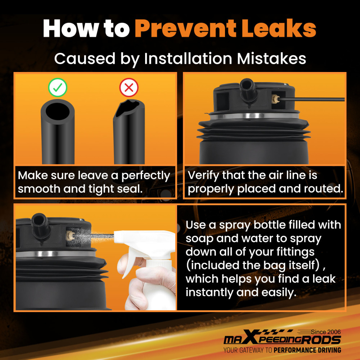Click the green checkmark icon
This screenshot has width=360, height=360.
point(58,87)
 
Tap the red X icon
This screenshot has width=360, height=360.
point(129,87)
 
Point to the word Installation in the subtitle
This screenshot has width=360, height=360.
point(188,58)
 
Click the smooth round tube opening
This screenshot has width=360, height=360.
point(57,111)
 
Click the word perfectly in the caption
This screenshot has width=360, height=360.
point(145,176)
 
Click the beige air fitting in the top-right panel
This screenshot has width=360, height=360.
point(275,99)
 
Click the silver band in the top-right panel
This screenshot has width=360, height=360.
point(255,116)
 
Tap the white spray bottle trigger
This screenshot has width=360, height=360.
point(129,262)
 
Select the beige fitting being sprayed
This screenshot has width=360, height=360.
point(69,235)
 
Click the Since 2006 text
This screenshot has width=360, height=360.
point(326,332)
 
